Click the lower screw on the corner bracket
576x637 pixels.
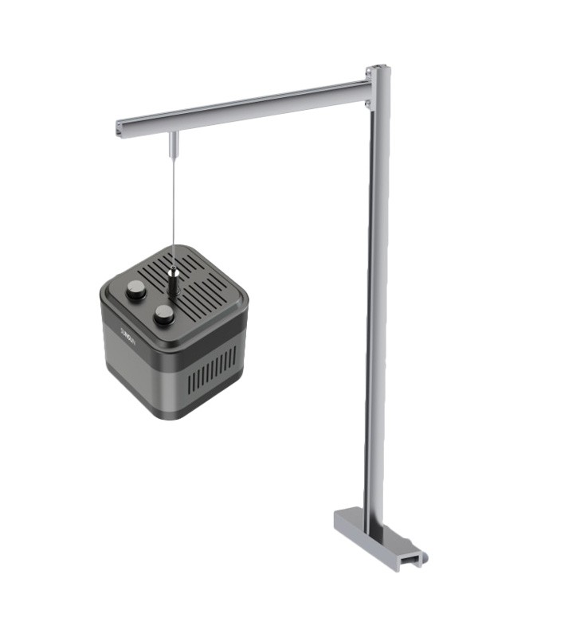coord(368,103)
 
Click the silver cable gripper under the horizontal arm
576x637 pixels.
coord(173,144)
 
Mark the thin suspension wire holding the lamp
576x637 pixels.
coord(173,207)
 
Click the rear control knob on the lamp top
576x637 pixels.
coord(136,290)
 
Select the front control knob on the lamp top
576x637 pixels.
coord(164,315)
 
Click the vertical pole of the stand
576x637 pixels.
coord(378,303)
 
